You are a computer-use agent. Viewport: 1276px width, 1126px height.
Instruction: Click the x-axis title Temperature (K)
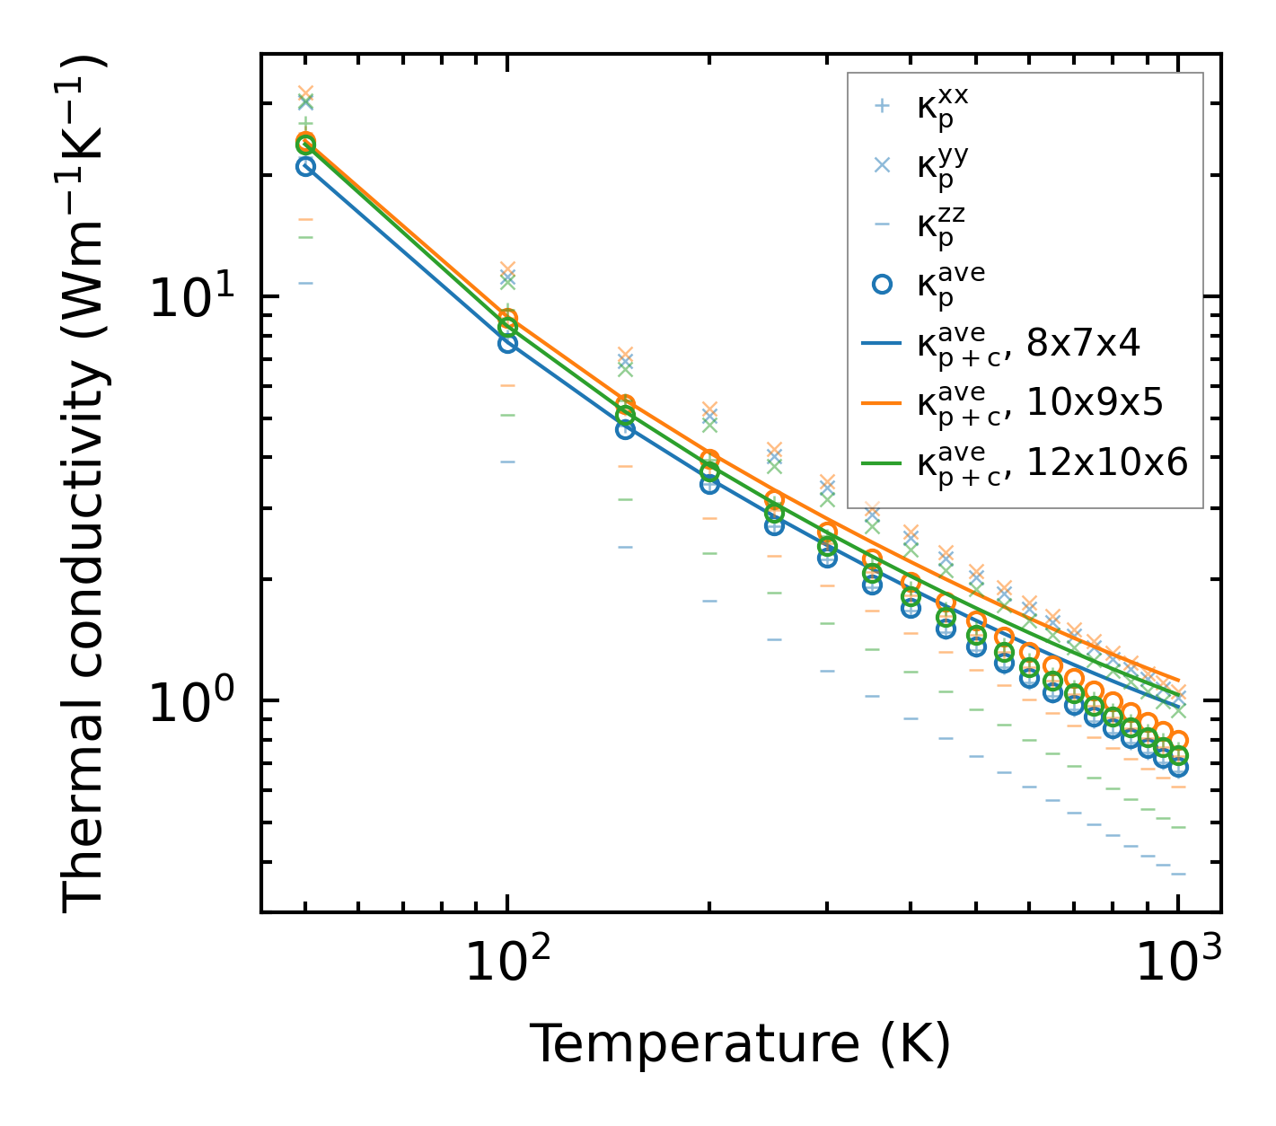pos(740,1044)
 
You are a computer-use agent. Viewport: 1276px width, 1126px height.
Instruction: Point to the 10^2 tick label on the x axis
pos(506,965)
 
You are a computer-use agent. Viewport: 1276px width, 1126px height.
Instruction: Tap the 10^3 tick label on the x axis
pos(1177,965)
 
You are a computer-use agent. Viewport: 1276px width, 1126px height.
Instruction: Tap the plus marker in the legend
pos(882,106)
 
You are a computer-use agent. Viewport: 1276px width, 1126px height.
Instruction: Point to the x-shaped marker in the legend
pos(882,165)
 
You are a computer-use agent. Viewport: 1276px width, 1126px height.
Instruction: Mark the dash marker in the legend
pos(882,224)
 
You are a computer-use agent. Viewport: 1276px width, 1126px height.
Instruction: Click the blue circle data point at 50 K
pos(305,166)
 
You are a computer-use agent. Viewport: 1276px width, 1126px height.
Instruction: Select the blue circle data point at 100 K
pos(507,343)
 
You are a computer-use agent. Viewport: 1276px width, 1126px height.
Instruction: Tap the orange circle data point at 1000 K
pos(1178,741)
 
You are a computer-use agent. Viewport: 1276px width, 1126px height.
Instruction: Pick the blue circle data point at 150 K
pos(625,429)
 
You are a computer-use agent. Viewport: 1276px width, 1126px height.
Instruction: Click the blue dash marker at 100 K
pos(507,462)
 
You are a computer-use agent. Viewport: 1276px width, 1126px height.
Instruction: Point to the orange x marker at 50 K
pos(305,93)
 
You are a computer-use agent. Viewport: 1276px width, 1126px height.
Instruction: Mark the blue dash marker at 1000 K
pos(1178,874)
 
